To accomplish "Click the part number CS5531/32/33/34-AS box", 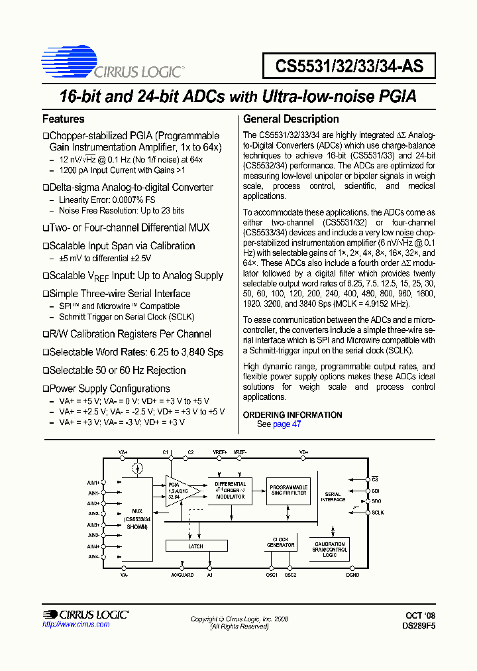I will pyautogui.click(x=349, y=66).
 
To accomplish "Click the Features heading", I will pyautogui.click(x=64, y=119).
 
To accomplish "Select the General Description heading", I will pyautogui.click(x=291, y=119).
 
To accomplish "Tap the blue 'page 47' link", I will pyautogui.click(x=287, y=424).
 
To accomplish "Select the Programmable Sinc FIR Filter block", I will pyautogui.click(x=288, y=490).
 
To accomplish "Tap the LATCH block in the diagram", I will pyautogui.click(x=196, y=546).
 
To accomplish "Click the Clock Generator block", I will pyautogui.click(x=280, y=542).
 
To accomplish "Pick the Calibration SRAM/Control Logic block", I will pyautogui.click(x=330, y=550).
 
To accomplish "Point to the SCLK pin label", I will pyautogui.click(x=378, y=513).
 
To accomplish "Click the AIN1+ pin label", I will pyautogui.click(x=93, y=482).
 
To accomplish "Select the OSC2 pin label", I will pyautogui.click(x=290, y=575).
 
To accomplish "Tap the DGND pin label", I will pyautogui.click(x=352, y=575).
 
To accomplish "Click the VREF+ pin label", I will pyautogui.click(x=220, y=452).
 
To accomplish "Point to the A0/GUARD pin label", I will pyautogui.click(x=182, y=575).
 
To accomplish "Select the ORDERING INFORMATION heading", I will pyautogui.click(x=293, y=415).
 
